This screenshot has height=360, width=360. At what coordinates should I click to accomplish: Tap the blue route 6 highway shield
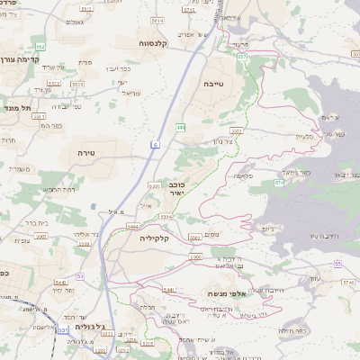point(155,143)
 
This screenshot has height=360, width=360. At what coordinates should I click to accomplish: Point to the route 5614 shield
point(158,20)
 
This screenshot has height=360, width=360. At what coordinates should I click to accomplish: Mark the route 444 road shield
point(181,127)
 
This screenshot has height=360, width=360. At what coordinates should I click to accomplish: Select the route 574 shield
point(279,183)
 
